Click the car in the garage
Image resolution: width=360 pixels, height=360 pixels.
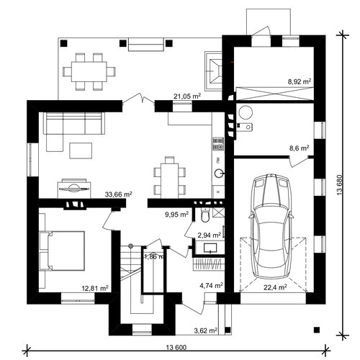click(271, 227)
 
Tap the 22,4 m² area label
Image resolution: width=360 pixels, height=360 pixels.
click(275, 287)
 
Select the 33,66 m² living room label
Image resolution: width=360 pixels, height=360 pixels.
click(118, 194)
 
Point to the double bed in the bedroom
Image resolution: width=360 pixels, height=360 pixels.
click(66, 251)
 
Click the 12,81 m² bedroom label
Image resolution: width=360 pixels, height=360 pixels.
click(95, 288)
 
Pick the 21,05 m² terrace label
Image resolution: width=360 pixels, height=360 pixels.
click(187, 96)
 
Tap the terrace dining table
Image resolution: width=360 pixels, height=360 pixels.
click(89, 72)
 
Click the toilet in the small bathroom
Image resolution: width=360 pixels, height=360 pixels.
click(205, 215)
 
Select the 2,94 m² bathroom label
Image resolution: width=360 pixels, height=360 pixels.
click(209, 235)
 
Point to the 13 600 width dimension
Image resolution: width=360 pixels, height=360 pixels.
click(176, 347)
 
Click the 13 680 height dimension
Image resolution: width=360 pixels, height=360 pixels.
click(340, 184)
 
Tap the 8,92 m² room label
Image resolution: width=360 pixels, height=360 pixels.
click(300, 81)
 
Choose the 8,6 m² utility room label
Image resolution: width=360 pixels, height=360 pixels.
click(299, 148)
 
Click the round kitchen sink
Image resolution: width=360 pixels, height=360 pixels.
click(219, 174)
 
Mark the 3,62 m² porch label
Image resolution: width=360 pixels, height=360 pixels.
click(206, 330)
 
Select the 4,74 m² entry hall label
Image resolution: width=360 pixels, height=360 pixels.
click(212, 285)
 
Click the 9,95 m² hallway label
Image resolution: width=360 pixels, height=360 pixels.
click(176, 215)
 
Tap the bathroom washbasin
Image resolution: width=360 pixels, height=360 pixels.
click(210, 248)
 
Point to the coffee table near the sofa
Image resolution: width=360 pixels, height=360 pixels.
click(81, 150)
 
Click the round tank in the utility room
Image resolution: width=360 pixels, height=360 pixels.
click(246, 112)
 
